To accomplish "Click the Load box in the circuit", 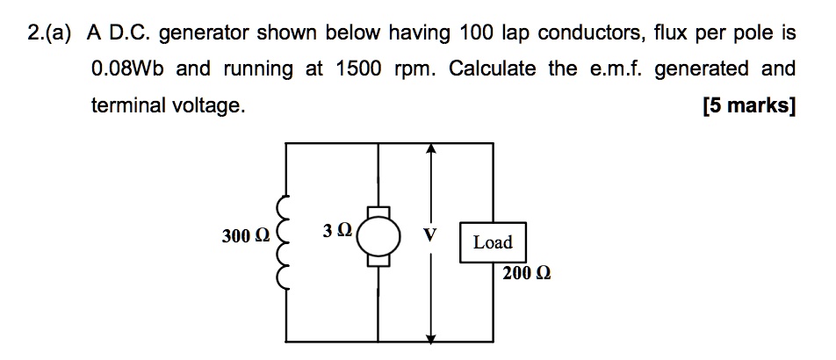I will coord(492,242).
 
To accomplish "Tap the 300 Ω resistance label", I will coord(247,236).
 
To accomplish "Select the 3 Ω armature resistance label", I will coord(337,231).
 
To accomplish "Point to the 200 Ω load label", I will coord(527,273).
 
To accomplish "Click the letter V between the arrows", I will coord(429,236).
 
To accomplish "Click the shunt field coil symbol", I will coord(283,241).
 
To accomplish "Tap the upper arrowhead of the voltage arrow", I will coord(430,151).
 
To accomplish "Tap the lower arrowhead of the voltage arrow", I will coord(430,335).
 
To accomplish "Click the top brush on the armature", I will coord(378,212).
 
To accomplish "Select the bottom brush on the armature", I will coord(378,261).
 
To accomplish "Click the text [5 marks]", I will coord(749,106).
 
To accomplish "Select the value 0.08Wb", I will coord(131,69).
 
